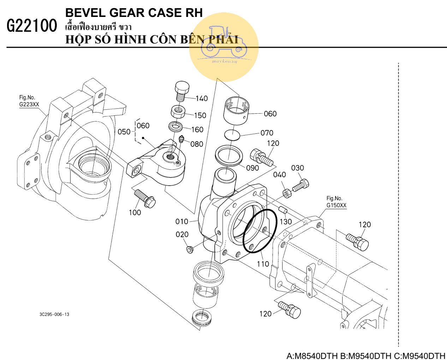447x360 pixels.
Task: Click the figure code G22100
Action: coord(32,26)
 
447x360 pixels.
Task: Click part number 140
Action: coord(202,98)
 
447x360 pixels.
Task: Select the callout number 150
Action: coord(200,115)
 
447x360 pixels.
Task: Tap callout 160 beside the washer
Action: coord(197,130)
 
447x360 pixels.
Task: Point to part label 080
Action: coord(197,144)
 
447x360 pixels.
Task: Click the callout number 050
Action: coord(124,132)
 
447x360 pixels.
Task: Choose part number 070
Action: coord(267,133)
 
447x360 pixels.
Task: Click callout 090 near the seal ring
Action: coord(252,168)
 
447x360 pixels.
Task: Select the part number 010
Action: coord(182,222)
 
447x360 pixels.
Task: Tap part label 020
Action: coord(182,234)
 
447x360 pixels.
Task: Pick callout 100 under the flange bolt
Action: coord(135,212)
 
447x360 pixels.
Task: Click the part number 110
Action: coord(263,264)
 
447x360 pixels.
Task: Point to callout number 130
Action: coord(286,222)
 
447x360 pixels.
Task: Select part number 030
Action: coord(297,168)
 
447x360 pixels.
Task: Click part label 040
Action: coord(280,175)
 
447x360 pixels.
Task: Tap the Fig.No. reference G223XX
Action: coord(29,104)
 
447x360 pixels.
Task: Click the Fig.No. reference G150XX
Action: coord(336,205)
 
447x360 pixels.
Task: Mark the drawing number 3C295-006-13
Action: coord(54,314)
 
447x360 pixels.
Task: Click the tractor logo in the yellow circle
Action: coord(224,41)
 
